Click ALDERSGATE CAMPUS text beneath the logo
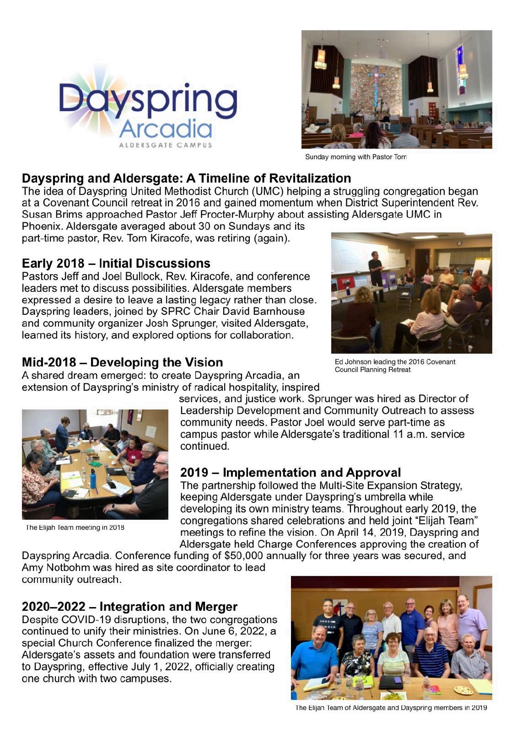tap(166, 145)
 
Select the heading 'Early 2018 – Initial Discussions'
tap(116, 264)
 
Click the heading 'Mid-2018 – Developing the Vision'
tap(122, 362)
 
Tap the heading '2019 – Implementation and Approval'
tap(291, 472)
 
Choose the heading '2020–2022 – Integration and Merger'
tap(129, 607)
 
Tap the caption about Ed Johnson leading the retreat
tap(394, 365)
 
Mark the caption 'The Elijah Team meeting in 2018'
tap(75, 527)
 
